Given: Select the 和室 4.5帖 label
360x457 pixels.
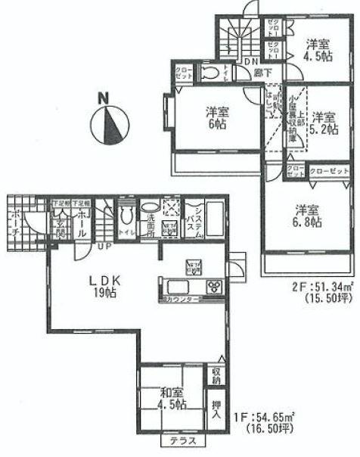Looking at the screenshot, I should [172, 396].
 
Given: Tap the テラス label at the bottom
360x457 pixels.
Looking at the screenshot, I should [176, 441].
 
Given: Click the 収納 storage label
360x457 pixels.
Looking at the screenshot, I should [216, 373].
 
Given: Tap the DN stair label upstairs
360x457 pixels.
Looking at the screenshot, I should [250, 62].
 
